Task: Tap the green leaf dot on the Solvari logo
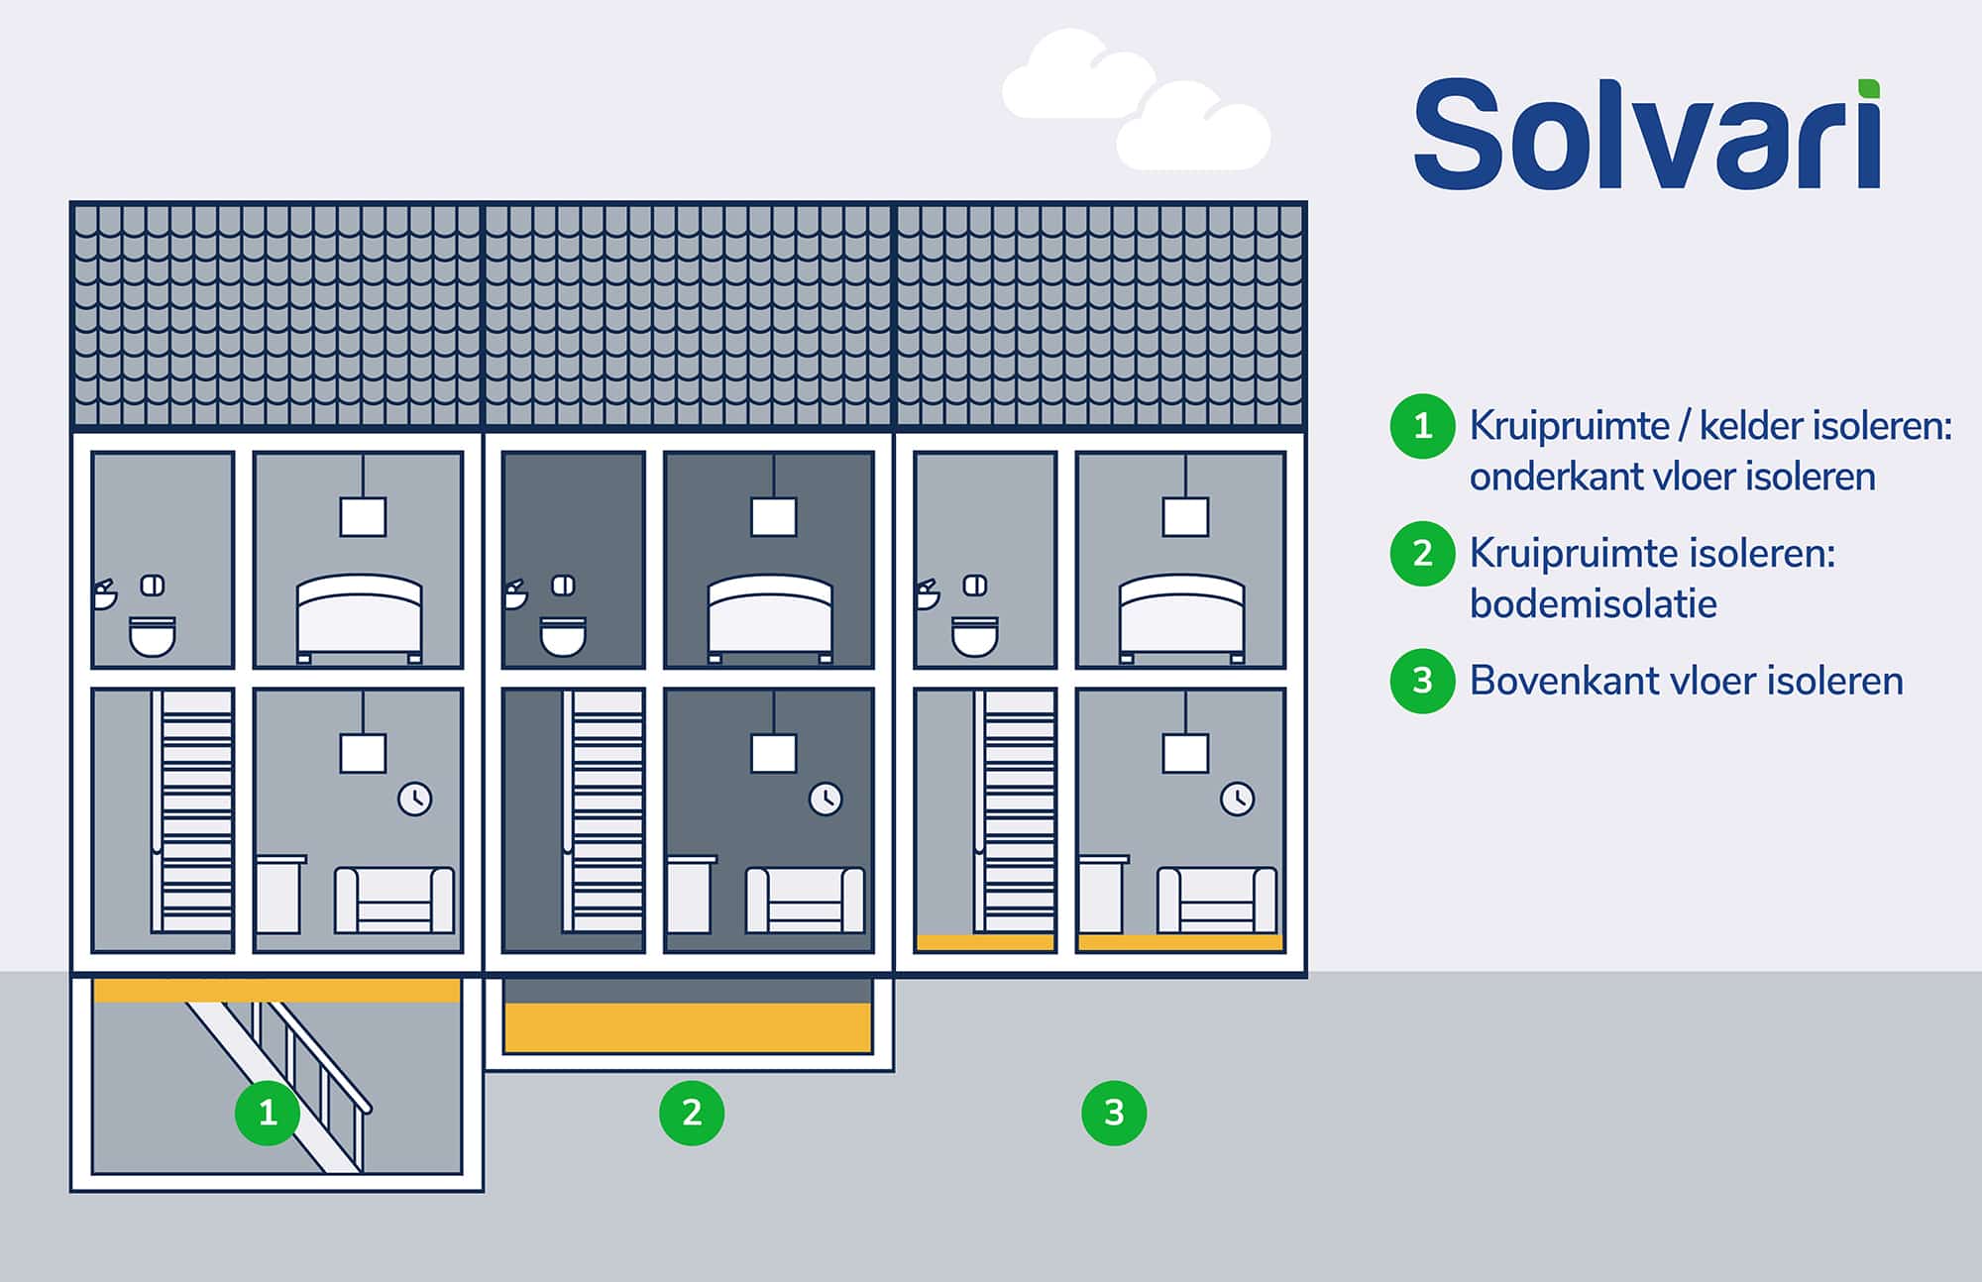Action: tap(1868, 88)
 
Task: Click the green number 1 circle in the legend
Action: tap(1422, 426)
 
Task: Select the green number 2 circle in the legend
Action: tap(1422, 553)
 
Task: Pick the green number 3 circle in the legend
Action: tap(1422, 681)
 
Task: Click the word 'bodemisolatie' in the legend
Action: tap(1593, 603)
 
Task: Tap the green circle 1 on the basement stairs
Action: tap(268, 1113)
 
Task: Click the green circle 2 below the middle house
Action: tap(692, 1113)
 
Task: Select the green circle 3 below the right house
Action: tap(1114, 1113)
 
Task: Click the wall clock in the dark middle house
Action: tap(826, 799)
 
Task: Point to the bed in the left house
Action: tap(360, 616)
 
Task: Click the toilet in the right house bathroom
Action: tap(974, 637)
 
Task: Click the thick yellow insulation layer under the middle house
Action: tap(688, 1027)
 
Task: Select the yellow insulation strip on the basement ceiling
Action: tap(276, 990)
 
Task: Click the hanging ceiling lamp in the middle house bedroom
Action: tap(773, 516)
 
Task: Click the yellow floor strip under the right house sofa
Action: tap(1179, 942)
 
